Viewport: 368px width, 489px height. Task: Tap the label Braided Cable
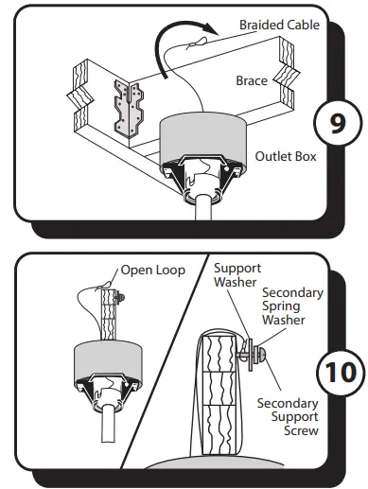tap(279, 24)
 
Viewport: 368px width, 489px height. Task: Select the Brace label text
tap(251, 81)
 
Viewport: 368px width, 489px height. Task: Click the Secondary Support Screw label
tap(288, 417)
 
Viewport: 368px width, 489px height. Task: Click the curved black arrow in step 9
tap(176, 53)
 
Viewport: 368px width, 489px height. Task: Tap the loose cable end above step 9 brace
tap(195, 42)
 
